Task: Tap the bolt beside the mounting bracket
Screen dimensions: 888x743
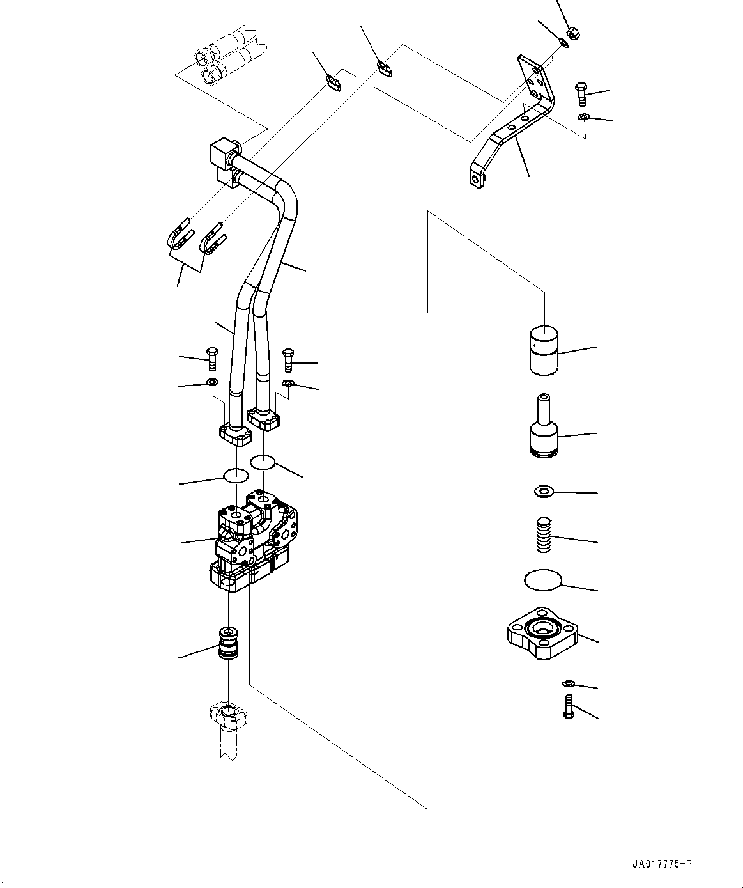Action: (x=581, y=94)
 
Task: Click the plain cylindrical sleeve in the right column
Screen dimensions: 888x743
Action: (x=544, y=350)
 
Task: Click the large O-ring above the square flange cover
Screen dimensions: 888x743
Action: (x=542, y=580)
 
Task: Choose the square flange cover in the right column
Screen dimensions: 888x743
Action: (x=542, y=633)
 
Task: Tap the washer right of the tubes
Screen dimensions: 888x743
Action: (x=288, y=384)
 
